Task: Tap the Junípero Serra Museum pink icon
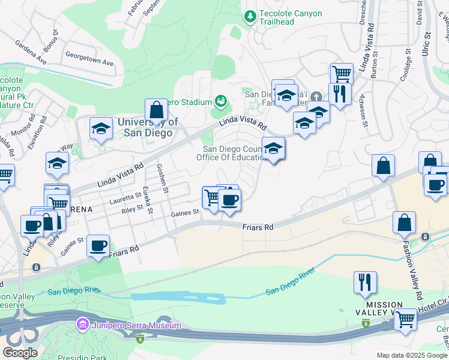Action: click(x=82, y=325)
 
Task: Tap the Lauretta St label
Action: click(x=125, y=195)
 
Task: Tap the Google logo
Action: click(x=20, y=353)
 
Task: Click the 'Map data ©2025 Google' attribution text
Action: click(x=412, y=355)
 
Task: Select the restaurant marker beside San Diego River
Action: click(x=365, y=282)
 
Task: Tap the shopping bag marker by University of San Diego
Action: click(x=156, y=110)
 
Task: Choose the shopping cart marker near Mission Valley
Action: click(x=406, y=319)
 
